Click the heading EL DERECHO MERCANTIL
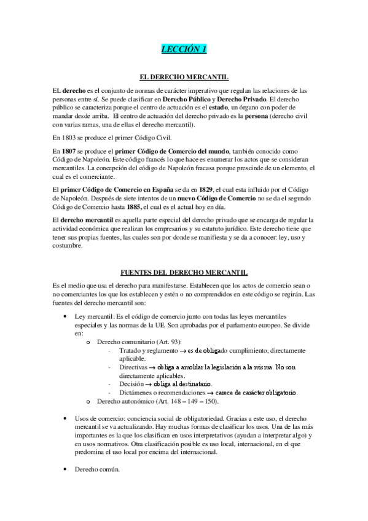(184, 78)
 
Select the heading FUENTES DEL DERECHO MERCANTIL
(184, 271)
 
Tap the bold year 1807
(69, 151)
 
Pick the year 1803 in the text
(69, 137)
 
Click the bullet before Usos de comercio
(66, 417)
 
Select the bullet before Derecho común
(66, 470)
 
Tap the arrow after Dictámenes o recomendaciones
(209, 392)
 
